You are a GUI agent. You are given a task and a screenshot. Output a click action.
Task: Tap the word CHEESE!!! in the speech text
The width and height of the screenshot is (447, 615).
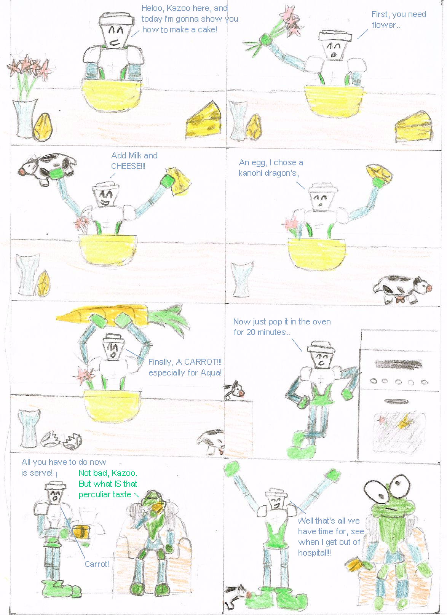(x=128, y=166)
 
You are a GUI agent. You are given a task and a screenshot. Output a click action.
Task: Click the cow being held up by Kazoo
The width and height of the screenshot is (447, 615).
(x=47, y=169)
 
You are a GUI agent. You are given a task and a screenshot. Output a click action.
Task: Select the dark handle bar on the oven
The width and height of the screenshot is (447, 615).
(x=398, y=364)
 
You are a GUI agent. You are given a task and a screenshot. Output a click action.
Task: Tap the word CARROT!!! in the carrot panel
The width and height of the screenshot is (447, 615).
(x=199, y=362)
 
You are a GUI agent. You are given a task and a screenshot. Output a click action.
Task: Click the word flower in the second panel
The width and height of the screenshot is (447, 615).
(x=383, y=25)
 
